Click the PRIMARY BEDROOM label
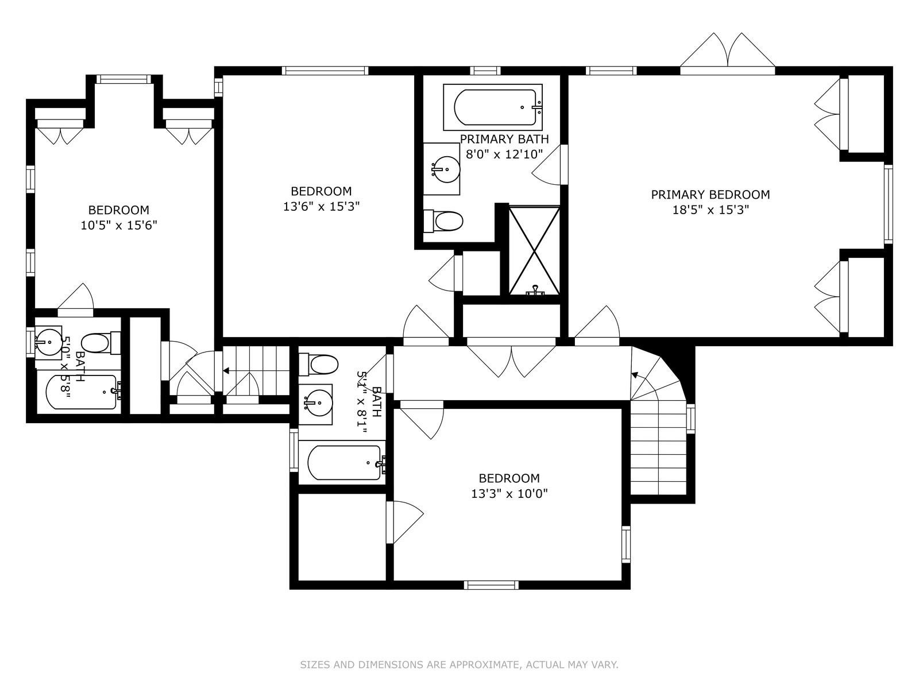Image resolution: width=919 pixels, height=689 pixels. coord(710,195)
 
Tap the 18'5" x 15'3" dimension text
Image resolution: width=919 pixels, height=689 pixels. coord(710,210)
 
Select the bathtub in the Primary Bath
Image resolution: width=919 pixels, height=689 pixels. coord(495,107)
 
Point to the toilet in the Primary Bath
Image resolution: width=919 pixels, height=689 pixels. coord(443,221)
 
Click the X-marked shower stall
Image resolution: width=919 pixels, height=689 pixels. coord(534,250)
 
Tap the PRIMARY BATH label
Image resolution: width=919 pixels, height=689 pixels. coord(504,139)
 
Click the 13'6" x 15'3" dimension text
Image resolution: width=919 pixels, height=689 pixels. coord(322,207)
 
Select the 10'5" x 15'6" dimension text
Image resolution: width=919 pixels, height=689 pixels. coord(119,226)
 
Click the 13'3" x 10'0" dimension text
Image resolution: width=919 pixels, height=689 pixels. coord(509,494)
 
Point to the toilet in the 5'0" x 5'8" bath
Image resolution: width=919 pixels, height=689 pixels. coord(101,343)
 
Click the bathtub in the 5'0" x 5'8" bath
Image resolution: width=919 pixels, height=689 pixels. coord(81,392)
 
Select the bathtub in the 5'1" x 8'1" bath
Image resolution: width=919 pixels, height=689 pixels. coord(346,463)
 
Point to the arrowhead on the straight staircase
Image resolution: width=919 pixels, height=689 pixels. coord(226,371)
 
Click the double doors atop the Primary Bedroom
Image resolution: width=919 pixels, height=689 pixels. coord(728,55)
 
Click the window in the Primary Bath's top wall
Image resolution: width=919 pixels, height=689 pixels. coord(485,71)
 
